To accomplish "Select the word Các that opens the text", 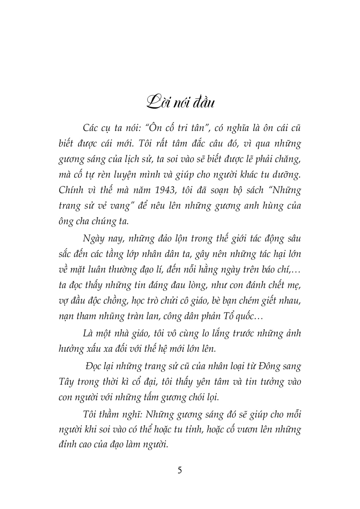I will point(90,128).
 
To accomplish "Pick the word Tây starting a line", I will point(66,382).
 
